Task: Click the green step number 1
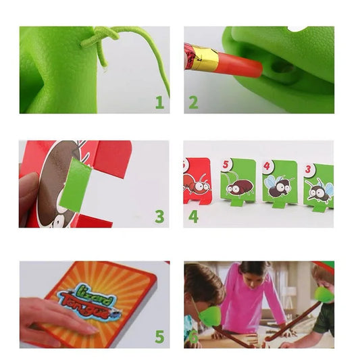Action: (x=159, y=103)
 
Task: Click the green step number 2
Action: (x=193, y=103)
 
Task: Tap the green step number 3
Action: (x=159, y=216)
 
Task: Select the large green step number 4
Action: (x=193, y=216)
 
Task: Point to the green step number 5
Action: (x=159, y=336)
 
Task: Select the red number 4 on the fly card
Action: (x=267, y=165)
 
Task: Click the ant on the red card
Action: (x=196, y=183)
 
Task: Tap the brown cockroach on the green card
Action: (x=239, y=185)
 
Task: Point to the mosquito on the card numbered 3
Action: (x=319, y=190)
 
